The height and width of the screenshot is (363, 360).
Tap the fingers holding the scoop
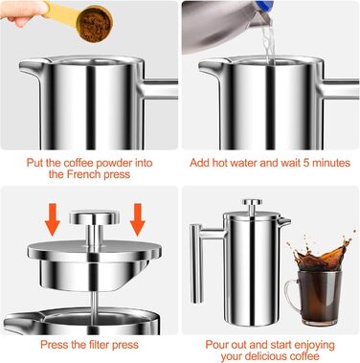pyautogui.click(x=22, y=12)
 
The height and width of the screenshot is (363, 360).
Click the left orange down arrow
pyautogui.click(x=53, y=219)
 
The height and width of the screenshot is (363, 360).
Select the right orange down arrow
pyautogui.click(x=138, y=219)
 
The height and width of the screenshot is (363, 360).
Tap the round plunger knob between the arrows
pyautogui.click(x=95, y=218)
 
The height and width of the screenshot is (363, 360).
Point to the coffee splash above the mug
pyautogui.click(x=322, y=253)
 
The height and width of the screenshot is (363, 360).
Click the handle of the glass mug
pyautogui.click(x=291, y=294)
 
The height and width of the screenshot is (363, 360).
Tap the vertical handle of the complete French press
pyautogui.click(x=196, y=263)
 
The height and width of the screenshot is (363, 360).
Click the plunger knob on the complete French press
pyautogui.click(x=252, y=202)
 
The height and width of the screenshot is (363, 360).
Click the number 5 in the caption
pyautogui.click(x=306, y=163)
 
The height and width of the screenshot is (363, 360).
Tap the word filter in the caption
pyautogui.click(x=98, y=345)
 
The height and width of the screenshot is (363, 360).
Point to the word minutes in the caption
pyautogui.click(x=331, y=163)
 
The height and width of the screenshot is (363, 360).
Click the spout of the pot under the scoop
pyautogui.click(x=31, y=66)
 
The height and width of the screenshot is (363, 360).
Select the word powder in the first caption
pyautogui.click(x=115, y=163)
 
